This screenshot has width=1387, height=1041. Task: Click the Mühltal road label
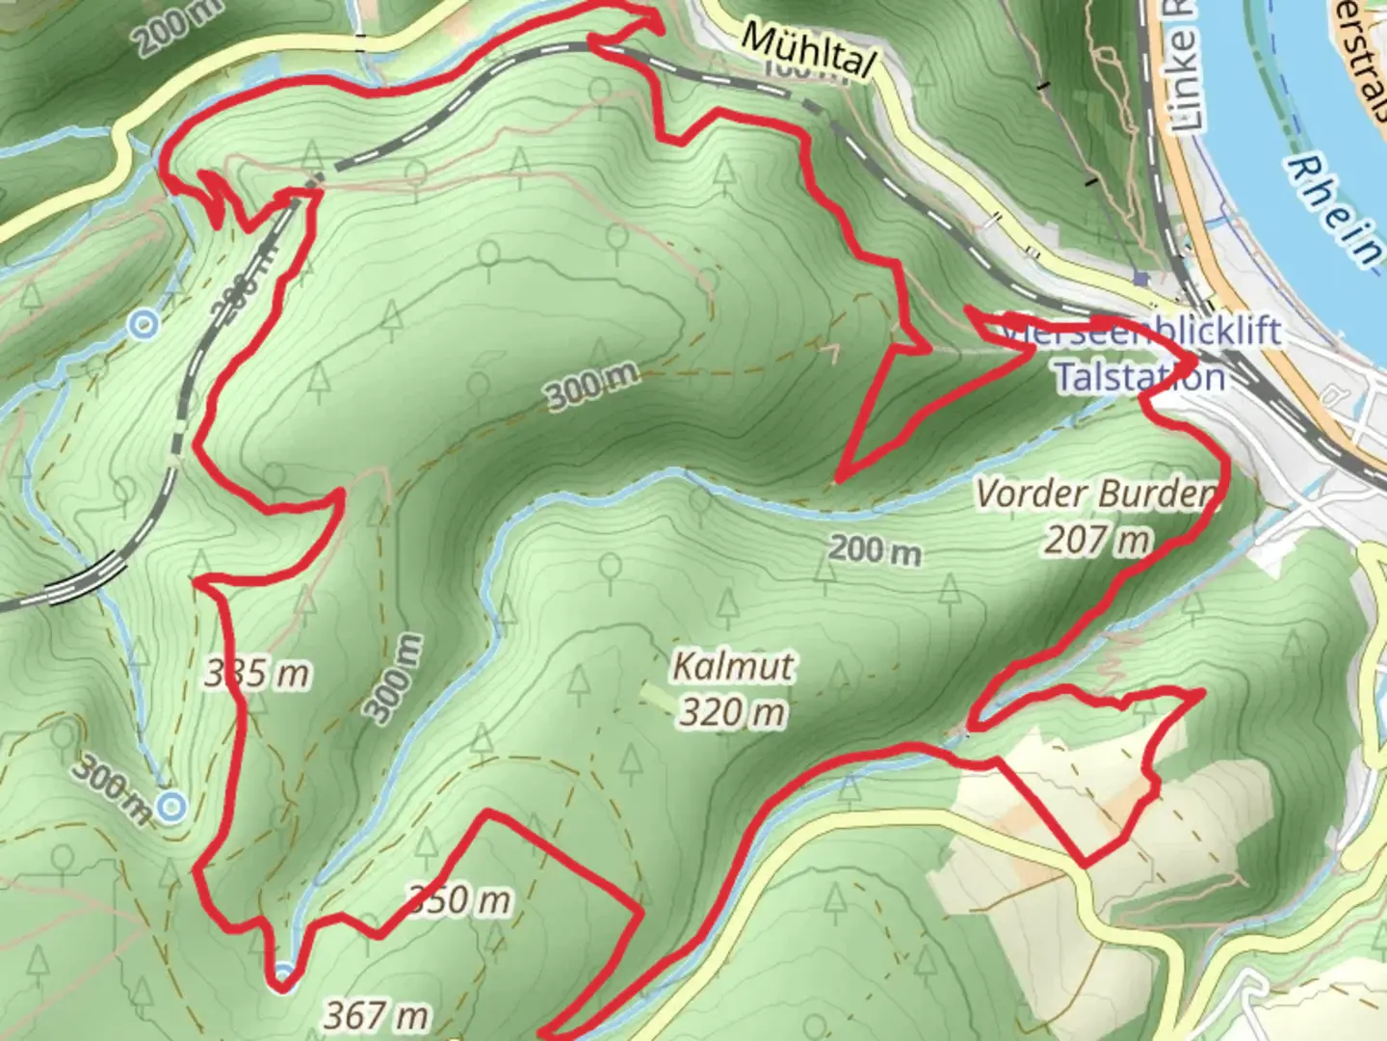coord(809,51)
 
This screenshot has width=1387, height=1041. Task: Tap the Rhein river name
coord(1334,211)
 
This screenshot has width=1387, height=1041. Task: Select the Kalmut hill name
coord(734,666)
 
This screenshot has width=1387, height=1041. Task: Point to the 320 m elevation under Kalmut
coord(732,712)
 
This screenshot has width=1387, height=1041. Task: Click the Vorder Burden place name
coord(1094,494)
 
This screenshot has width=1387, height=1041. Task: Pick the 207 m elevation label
coord(1097,540)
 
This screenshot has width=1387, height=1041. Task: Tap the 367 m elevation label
coord(376,1014)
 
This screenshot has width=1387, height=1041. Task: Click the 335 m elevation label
coord(257,674)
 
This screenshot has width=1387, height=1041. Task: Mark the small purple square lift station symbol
coord(1141,279)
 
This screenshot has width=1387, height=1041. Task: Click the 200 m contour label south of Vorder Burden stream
coord(875,551)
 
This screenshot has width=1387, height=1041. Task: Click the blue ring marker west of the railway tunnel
coord(144,325)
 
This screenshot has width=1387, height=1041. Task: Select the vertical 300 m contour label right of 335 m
coord(394,679)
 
